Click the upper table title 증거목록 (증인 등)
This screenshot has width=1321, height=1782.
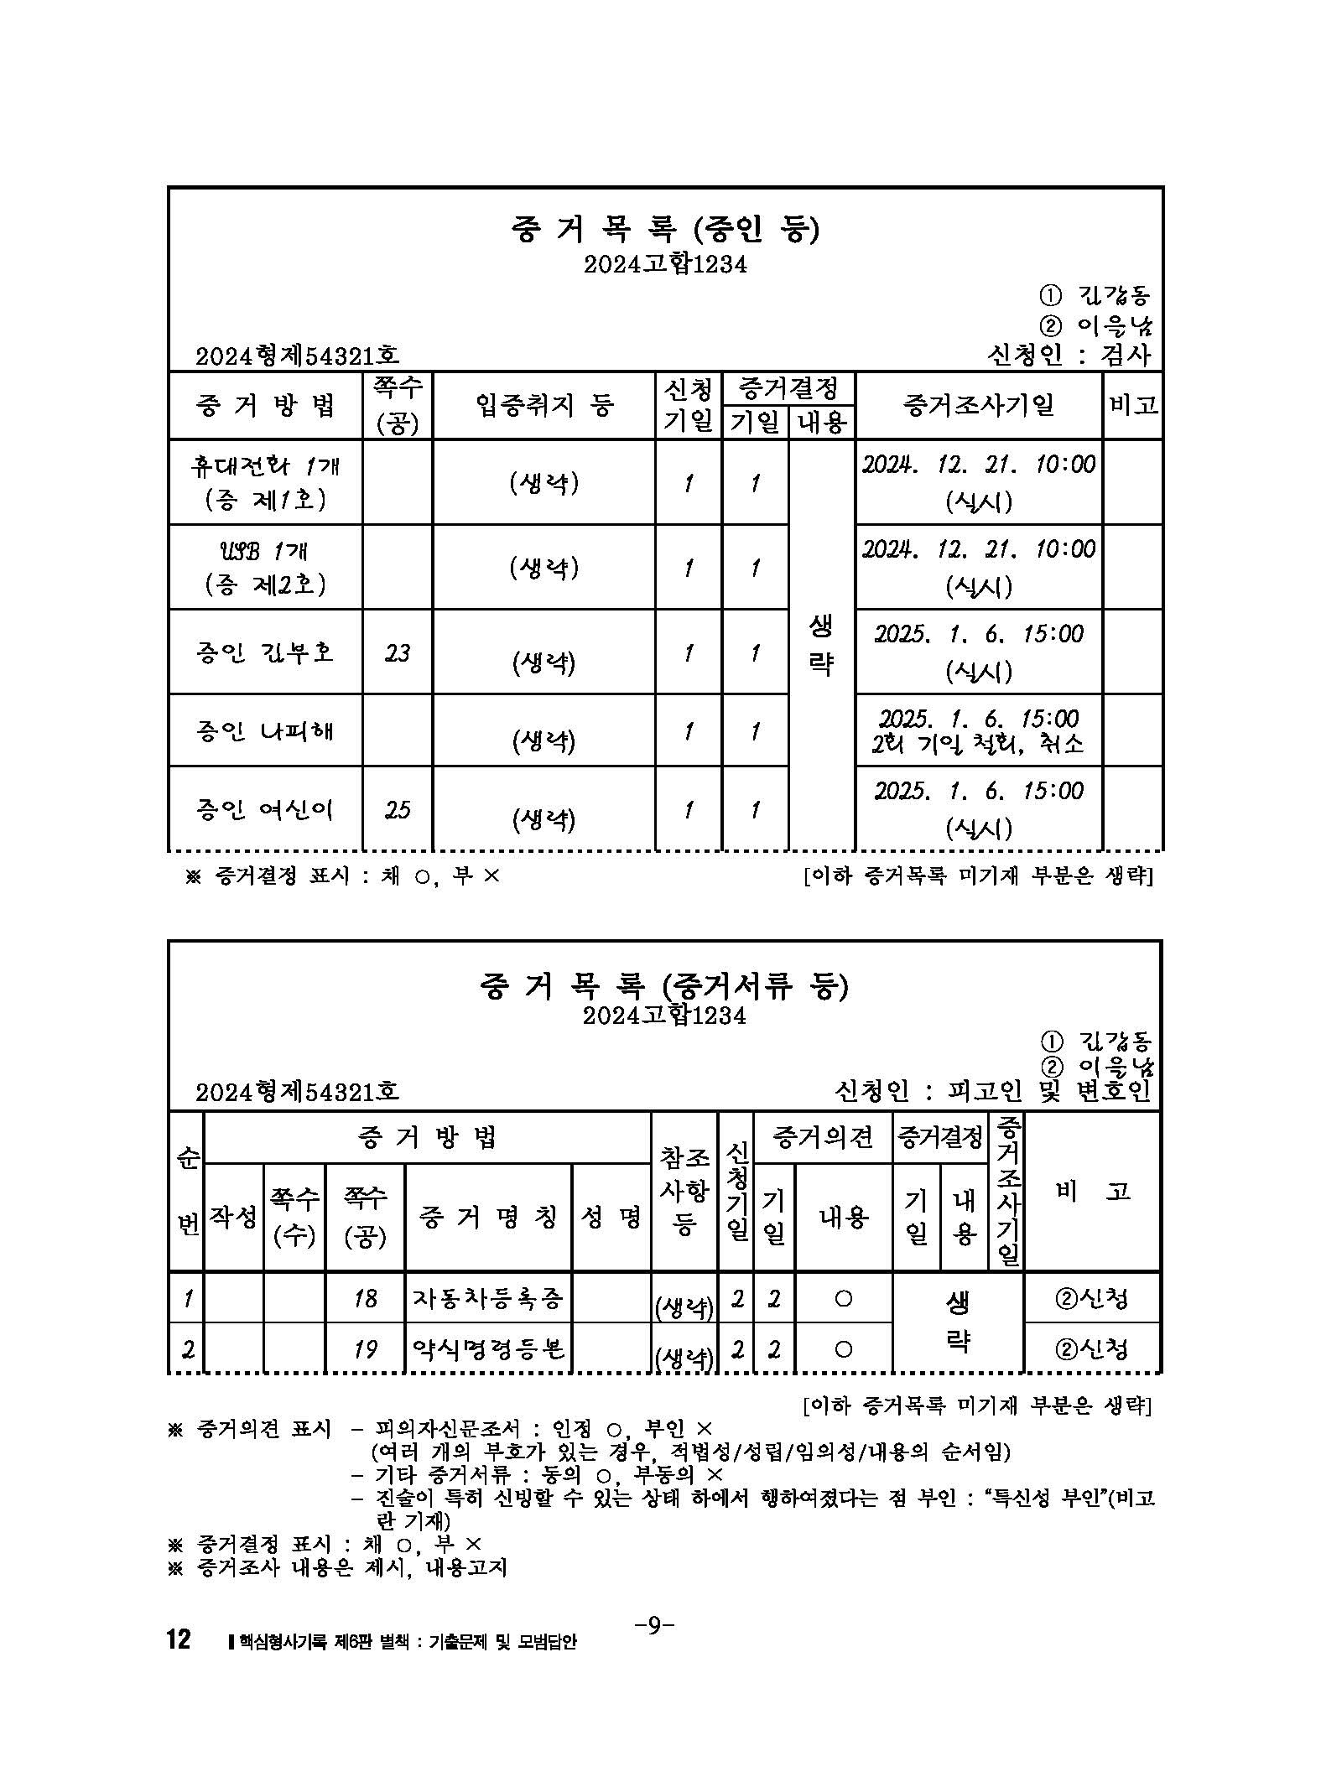(663, 230)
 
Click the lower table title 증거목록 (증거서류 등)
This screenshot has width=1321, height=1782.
(663, 986)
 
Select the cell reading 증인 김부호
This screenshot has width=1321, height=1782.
(265, 652)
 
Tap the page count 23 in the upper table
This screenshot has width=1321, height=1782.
(398, 652)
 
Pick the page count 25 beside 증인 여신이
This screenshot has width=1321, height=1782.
(398, 809)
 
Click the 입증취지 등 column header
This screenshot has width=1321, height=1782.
(543, 406)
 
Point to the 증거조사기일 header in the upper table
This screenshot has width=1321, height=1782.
(978, 406)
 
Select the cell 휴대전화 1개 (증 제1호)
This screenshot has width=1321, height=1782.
(265, 482)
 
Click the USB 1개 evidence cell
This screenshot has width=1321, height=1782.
(265, 567)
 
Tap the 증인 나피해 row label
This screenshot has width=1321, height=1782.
(265, 730)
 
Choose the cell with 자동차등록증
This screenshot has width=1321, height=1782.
(487, 1299)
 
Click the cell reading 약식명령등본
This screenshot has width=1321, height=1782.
(487, 1348)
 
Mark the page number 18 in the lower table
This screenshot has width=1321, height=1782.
(365, 1299)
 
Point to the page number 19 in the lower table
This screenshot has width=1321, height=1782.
(365, 1348)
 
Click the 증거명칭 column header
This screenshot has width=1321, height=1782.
(487, 1218)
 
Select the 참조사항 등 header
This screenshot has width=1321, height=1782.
(684, 1191)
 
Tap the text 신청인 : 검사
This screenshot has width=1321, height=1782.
(1070, 355)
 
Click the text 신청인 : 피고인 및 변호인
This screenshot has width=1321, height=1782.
(993, 1091)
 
